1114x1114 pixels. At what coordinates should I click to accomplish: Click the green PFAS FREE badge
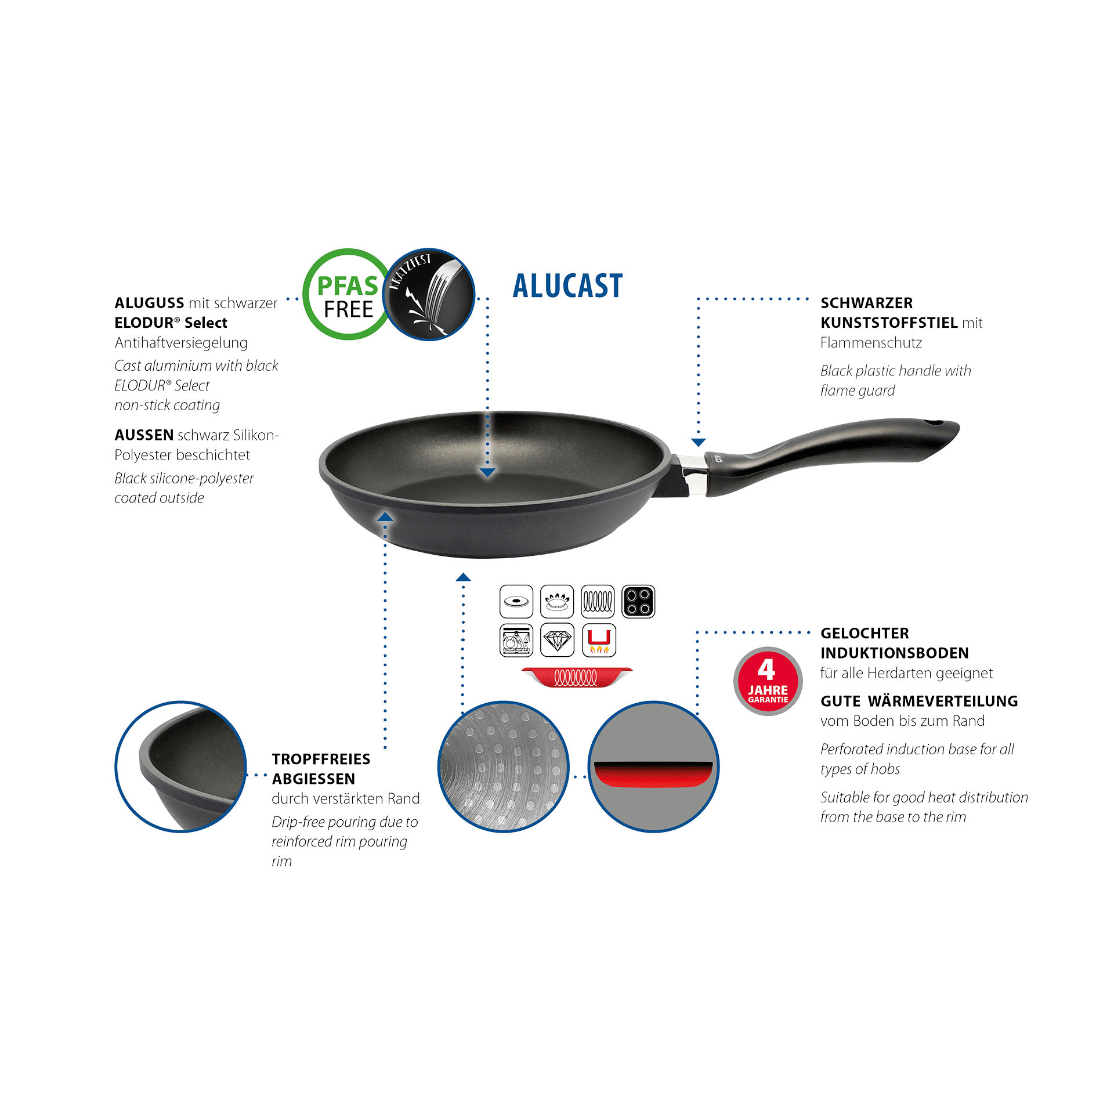348,294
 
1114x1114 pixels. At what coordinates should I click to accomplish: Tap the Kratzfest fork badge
429,294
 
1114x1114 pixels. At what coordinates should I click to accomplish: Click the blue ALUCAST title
567,286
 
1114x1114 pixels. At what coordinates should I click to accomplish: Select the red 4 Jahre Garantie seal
768,681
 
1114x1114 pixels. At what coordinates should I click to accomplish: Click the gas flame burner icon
557,601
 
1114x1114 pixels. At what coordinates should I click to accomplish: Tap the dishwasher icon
516,640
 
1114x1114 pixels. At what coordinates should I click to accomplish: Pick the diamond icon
557,640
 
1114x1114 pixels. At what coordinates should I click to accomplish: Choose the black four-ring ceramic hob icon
638,601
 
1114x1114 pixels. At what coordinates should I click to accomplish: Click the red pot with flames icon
599,640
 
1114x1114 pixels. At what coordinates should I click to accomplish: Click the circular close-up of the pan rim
181,766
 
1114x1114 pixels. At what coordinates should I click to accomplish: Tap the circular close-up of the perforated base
503,766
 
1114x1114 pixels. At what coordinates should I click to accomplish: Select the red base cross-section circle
653,766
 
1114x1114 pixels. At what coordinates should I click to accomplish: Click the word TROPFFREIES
321,759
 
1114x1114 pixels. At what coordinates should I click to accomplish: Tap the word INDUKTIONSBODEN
894,653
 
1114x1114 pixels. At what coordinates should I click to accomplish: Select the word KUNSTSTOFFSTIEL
889,323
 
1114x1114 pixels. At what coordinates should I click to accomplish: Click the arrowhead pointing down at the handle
698,442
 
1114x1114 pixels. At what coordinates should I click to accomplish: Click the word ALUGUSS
149,303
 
